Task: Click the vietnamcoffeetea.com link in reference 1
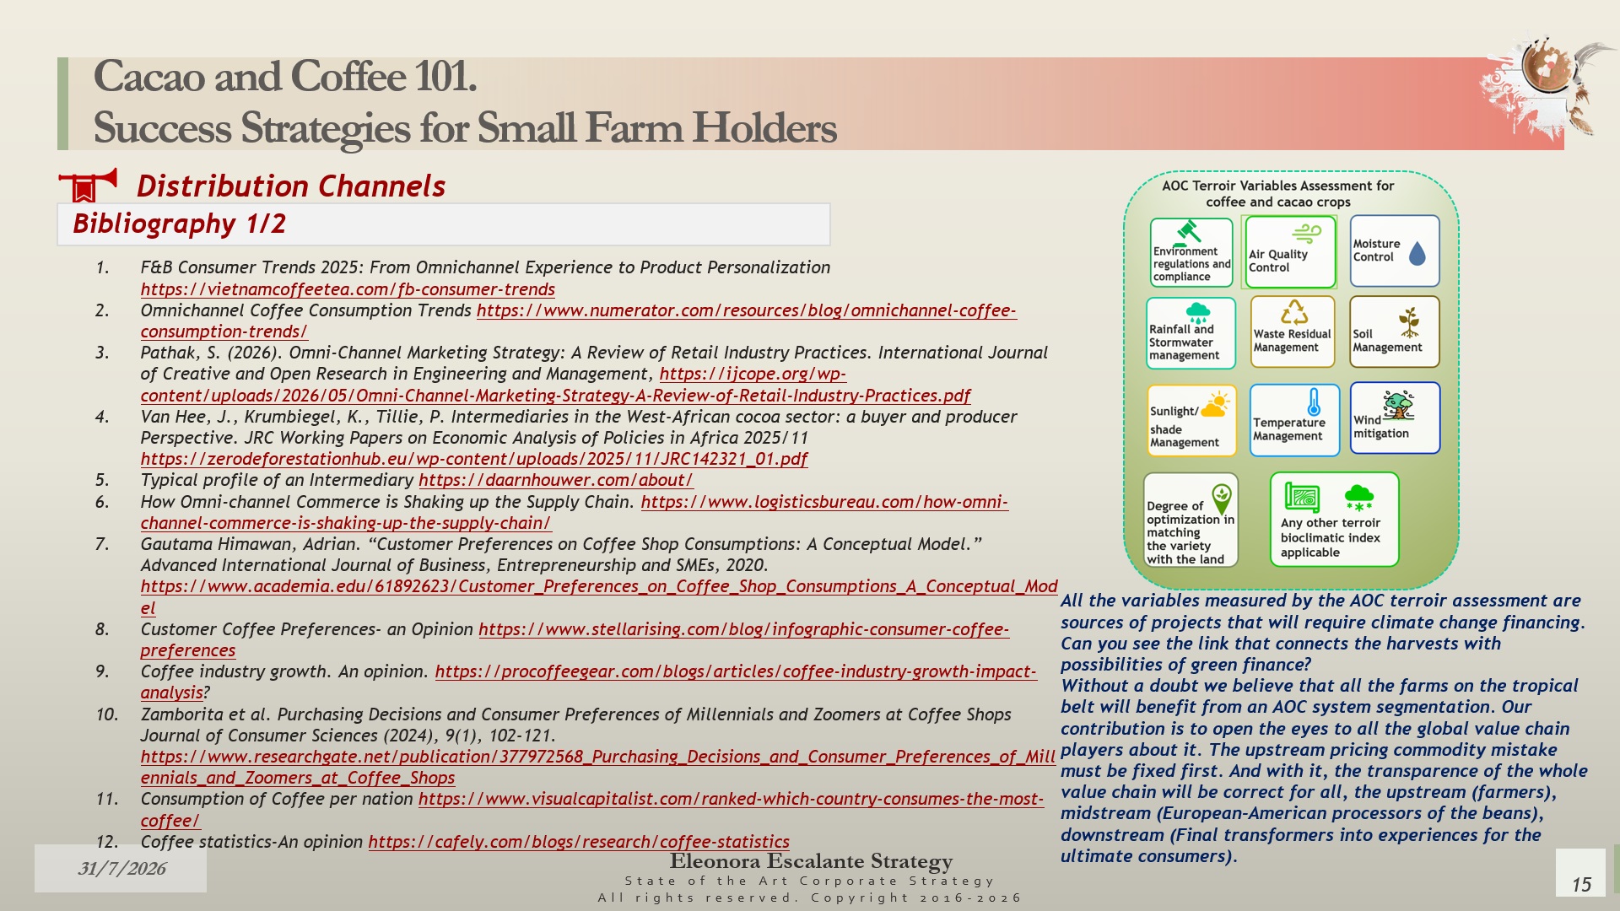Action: pyautogui.click(x=348, y=289)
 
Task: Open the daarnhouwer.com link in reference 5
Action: pyautogui.click(x=556, y=480)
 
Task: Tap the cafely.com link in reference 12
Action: pyautogui.click(x=579, y=842)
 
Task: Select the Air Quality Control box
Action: pyautogui.click(x=1290, y=252)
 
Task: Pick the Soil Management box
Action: pyautogui.click(x=1394, y=332)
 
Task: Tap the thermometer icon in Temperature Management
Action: pyautogui.click(x=1314, y=402)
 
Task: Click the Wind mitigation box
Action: pyautogui.click(x=1395, y=418)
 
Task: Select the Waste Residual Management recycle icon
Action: pyautogui.click(x=1293, y=313)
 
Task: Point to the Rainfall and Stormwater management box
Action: pyautogui.click(x=1191, y=333)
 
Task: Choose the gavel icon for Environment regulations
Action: pyautogui.click(x=1187, y=231)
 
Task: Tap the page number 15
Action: pyautogui.click(x=1581, y=884)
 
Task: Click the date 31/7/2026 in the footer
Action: pyautogui.click(x=121, y=869)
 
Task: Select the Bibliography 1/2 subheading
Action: pyautogui.click(x=180, y=224)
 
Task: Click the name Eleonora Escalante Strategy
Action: pyautogui.click(x=811, y=861)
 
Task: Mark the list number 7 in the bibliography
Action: pyautogui.click(x=102, y=544)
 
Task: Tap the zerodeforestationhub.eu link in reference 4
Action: pyautogui.click(x=474, y=459)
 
